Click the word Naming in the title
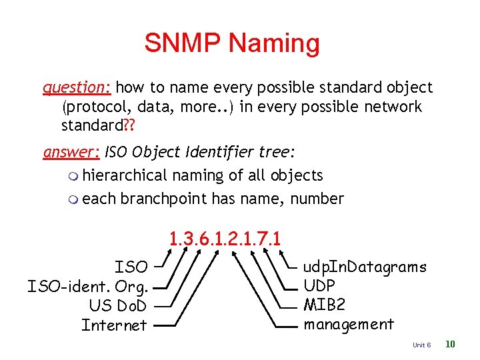pyautogui.click(x=274, y=44)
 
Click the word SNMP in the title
pyautogui.click(x=183, y=43)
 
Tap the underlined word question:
pyautogui.click(x=79, y=87)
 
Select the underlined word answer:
pyautogui.click(x=71, y=152)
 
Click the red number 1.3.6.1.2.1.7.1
pyautogui.click(x=225, y=238)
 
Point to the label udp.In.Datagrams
pyautogui.click(x=365, y=267)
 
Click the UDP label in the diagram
pyautogui.click(x=319, y=286)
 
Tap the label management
pyautogui.click(x=349, y=325)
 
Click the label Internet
pyautogui.click(x=114, y=325)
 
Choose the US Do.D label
pyautogui.click(x=117, y=306)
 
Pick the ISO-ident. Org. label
pyautogui.click(x=87, y=287)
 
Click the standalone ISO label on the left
pyautogui.click(x=131, y=267)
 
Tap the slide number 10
pyautogui.click(x=450, y=344)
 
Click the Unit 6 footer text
pyautogui.click(x=422, y=345)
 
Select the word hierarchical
pyautogui.click(x=125, y=175)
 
